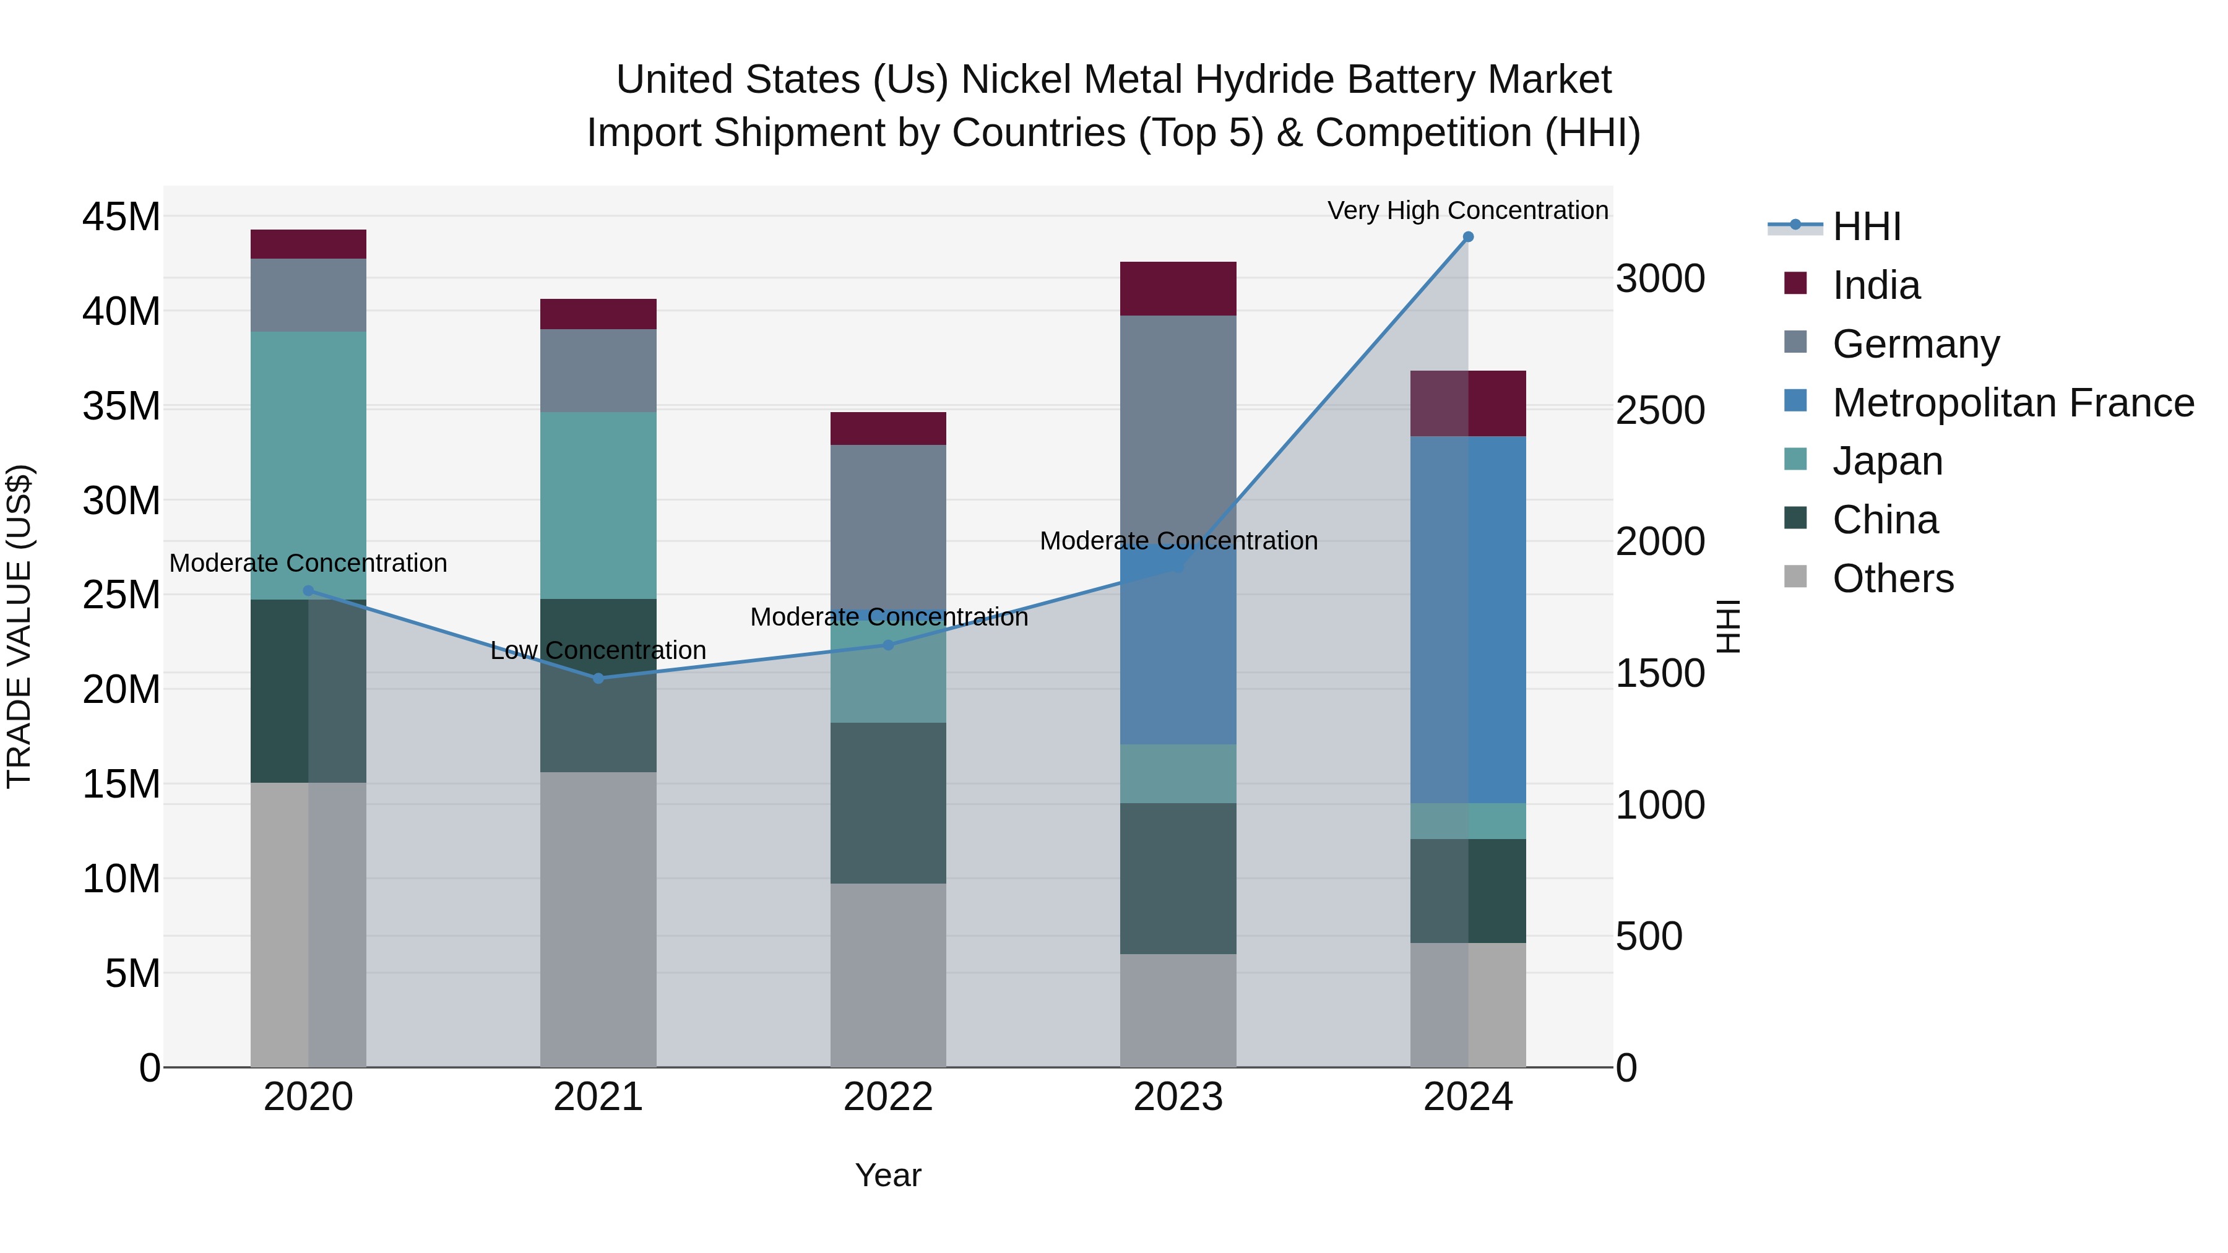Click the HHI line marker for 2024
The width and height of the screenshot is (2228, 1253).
(x=1468, y=237)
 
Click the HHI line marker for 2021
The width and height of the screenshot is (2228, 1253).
(x=598, y=678)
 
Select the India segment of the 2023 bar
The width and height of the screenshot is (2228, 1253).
(x=1178, y=289)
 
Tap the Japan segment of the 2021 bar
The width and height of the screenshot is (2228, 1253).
(x=598, y=506)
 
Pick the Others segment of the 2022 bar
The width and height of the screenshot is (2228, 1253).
(x=888, y=975)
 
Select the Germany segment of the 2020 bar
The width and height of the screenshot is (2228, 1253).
(x=309, y=295)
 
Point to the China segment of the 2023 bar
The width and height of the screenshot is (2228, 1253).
(x=1178, y=879)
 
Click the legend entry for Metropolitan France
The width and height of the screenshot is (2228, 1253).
(x=2013, y=403)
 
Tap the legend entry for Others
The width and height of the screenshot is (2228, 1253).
(x=1893, y=579)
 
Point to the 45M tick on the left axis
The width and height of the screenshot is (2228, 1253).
(x=121, y=216)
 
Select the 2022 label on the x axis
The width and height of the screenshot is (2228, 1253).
(x=888, y=1097)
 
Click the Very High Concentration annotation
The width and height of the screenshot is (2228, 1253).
(x=1468, y=210)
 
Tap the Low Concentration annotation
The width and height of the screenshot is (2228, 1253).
(x=598, y=650)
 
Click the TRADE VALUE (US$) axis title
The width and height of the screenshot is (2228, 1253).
(x=19, y=626)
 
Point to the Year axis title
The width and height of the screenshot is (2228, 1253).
(x=888, y=1175)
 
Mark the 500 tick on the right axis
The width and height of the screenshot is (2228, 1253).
(x=1649, y=937)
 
